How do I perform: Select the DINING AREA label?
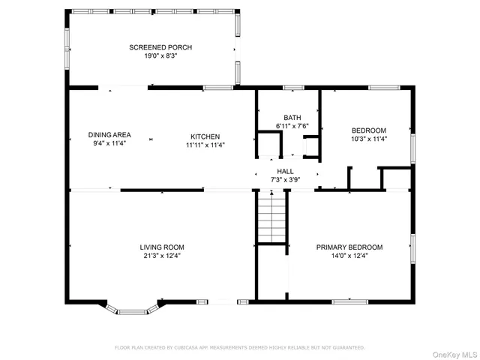(109, 136)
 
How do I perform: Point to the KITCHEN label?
(205, 136)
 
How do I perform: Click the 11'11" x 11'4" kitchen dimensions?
(205, 145)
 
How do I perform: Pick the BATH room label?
(292, 118)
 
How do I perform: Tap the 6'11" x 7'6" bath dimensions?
(292, 126)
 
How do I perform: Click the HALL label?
(286, 171)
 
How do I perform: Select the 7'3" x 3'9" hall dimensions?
(286, 180)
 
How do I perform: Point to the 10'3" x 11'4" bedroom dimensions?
(369, 139)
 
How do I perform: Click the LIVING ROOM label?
(161, 247)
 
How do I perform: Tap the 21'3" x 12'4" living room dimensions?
(161, 256)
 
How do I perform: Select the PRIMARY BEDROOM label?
(349, 247)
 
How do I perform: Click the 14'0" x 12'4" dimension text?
(349, 256)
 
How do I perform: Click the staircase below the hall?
(273, 217)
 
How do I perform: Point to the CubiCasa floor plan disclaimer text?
(239, 347)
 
